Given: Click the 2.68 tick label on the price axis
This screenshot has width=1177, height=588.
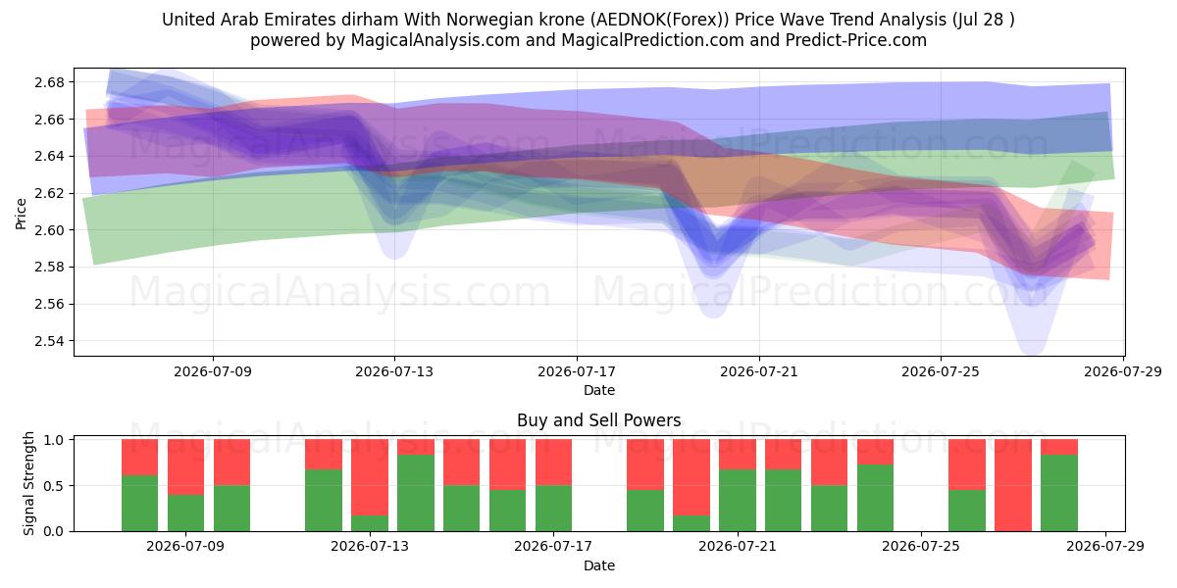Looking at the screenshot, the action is click(x=49, y=82).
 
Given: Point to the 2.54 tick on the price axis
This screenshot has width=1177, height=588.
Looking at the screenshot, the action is click(x=49, y=341).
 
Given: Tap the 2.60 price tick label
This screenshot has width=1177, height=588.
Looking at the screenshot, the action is click(x=49, y=230).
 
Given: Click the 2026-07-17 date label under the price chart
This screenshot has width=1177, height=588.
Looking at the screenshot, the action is click(x=577, y=371).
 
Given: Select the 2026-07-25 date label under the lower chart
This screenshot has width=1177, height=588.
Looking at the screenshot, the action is click(x=921, y=546).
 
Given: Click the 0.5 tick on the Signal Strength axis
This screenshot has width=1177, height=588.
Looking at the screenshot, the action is click(x=53, y=486).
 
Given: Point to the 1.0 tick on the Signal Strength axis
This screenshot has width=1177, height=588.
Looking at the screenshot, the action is click(x=53, y=440).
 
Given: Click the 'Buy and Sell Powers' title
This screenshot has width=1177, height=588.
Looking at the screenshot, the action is click(x=599, y=420).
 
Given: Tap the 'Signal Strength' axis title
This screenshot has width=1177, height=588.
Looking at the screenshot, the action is click(x=28, y=483).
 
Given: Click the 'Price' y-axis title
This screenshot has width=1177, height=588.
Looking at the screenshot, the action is click(x=21, y=214).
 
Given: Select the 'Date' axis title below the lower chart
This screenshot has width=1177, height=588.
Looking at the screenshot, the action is click(x=599, y=565).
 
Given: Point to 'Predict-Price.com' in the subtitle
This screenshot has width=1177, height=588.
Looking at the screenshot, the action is click(x=856, y=40).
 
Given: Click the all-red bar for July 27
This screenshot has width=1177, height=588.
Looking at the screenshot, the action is click(x=1013, y=485).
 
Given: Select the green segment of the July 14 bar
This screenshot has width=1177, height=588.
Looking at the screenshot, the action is click(x=416, y=493).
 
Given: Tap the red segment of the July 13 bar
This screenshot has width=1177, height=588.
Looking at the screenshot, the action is click(x=370, y=477).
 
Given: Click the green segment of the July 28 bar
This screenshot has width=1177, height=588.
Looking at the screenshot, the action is click(x=1059, y=493).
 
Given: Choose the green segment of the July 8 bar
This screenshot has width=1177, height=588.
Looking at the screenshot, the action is click(x=185, y=513).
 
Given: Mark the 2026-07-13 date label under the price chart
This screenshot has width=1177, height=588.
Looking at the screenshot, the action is click(x=394, y=371).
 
